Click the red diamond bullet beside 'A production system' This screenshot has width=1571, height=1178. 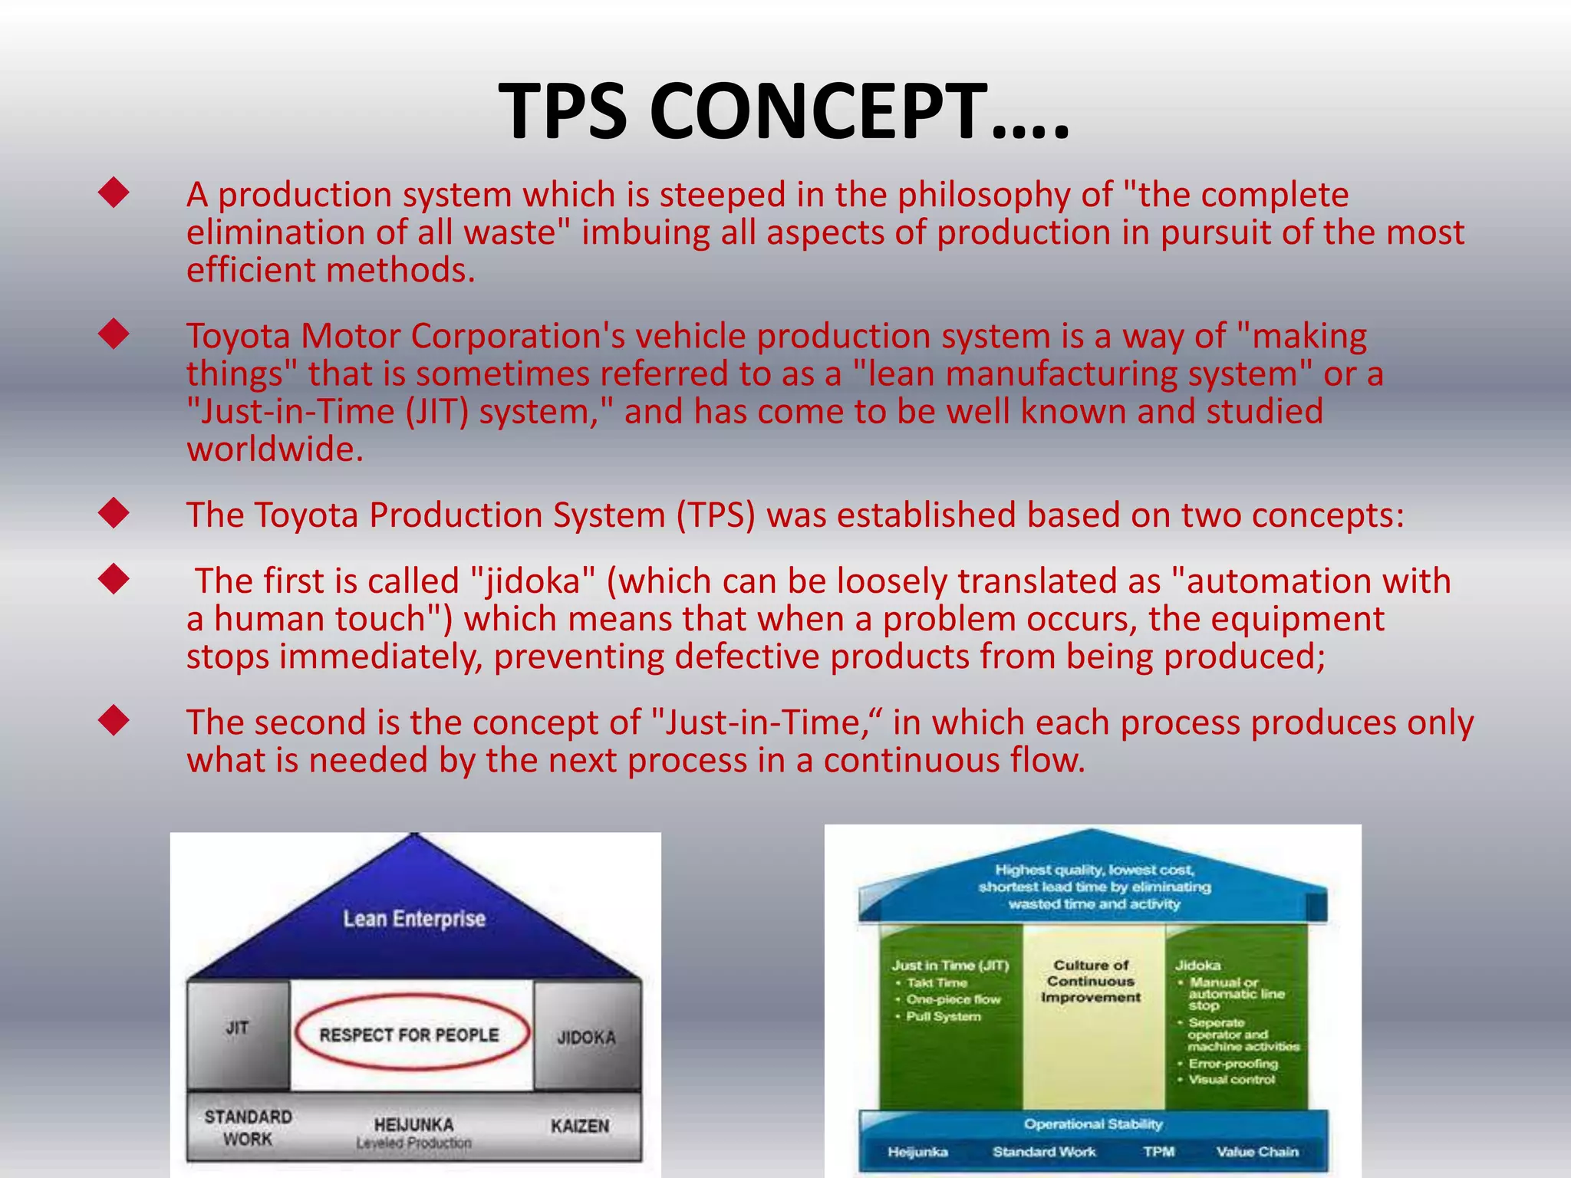(x=114, y=192)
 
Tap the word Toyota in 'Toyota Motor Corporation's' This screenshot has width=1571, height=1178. (x=238, y=337)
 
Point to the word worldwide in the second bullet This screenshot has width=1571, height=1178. (x=275, y=449)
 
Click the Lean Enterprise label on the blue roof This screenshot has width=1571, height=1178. (x=414, y=918)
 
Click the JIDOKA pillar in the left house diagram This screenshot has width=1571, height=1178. (x=586, y=1037)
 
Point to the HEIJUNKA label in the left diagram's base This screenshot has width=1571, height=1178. (x=413, y=1124)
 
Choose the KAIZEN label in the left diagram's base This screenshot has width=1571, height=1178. (x=580, y=1126)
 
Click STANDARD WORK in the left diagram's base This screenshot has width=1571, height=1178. (x=248, y=1127)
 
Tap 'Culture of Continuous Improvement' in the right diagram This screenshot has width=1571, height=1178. (x=1090, y=981)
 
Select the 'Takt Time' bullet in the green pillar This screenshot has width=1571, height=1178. (x=936, y=982)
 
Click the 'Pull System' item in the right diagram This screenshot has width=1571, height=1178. (x=943, y=1016)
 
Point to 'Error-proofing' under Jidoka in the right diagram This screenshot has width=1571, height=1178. (x=1233, y=1064)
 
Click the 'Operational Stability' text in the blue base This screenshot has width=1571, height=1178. (x=1093, y=1124)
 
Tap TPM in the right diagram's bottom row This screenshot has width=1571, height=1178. (x=1158, y=1151)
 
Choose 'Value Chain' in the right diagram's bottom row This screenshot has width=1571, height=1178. (x=1257, y=1151)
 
